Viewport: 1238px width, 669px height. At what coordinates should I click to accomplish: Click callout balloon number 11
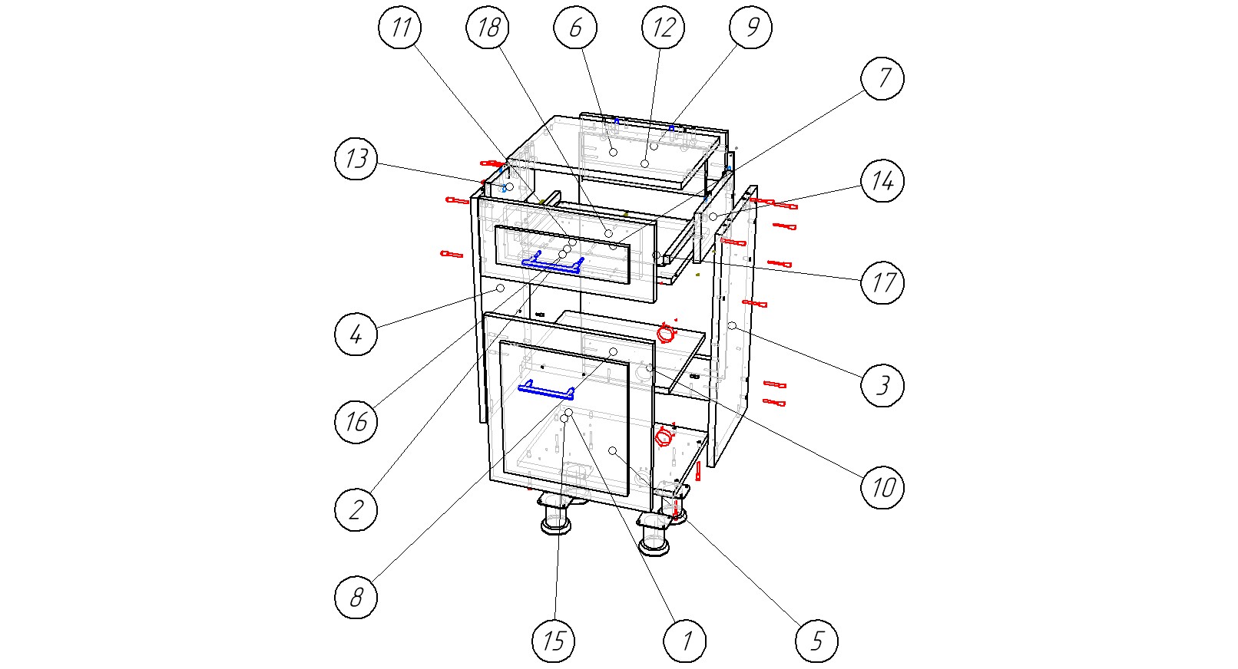[x=400, y=27]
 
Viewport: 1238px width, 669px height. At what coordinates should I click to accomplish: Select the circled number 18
[x=488, y=27]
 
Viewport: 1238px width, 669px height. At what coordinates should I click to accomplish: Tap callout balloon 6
[x=575, y=27]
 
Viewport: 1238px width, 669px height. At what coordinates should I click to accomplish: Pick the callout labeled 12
[x=664, y=27]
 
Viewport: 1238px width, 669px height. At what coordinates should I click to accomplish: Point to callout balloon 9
[x=751, y=27]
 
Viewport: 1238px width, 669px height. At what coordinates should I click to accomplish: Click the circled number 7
[x=882, y=78]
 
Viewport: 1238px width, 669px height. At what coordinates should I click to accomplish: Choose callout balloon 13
[x=356, y=158]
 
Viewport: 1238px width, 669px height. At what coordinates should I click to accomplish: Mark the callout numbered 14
[x=882, y=180]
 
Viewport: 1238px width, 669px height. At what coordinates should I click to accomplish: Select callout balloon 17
[x=882, y=282]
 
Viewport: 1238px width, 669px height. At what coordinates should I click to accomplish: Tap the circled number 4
[x=356, y=334]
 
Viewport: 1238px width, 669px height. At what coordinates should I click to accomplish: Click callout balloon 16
[x=356, y=422]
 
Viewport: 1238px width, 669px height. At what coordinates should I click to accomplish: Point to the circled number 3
[x=882, y=385]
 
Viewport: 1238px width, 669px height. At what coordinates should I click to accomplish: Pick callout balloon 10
[x=882, y=487]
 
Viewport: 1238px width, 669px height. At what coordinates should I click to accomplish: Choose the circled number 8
[x=356, y=597]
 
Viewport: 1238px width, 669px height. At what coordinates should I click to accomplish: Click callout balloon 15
[x=553, y=641]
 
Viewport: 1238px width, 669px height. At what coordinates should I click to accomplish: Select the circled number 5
[x=817, y=641]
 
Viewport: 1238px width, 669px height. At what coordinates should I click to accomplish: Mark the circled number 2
[x=356, y=509]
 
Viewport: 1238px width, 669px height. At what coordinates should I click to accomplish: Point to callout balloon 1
[x=685, y=641]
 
